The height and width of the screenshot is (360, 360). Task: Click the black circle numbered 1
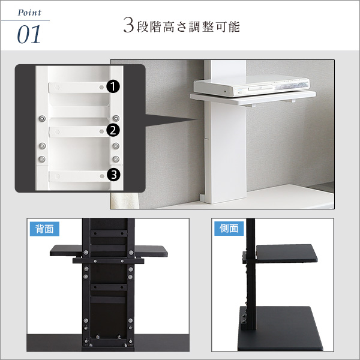(113, 87)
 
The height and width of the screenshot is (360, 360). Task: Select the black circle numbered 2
(113, 130)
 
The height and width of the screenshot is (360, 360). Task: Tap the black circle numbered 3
(113, 175)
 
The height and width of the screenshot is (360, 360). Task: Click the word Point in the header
(29, 13)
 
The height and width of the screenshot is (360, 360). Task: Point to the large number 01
(29, 35)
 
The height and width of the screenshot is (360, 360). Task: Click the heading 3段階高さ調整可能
(181, 26)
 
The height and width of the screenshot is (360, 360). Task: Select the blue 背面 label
(44, 229)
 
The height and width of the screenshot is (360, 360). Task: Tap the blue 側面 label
(229, 229)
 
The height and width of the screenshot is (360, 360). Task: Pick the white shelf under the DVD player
(253, 98)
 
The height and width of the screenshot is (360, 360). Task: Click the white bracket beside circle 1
(77, 88)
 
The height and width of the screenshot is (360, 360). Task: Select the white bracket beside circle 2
(77, 131)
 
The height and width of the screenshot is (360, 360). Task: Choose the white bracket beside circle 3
(78, 176)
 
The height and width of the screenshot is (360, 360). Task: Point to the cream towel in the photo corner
(124, 200)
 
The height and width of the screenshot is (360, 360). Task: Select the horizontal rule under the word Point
(25, 20)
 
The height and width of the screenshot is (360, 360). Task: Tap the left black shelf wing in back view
(66, 250)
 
